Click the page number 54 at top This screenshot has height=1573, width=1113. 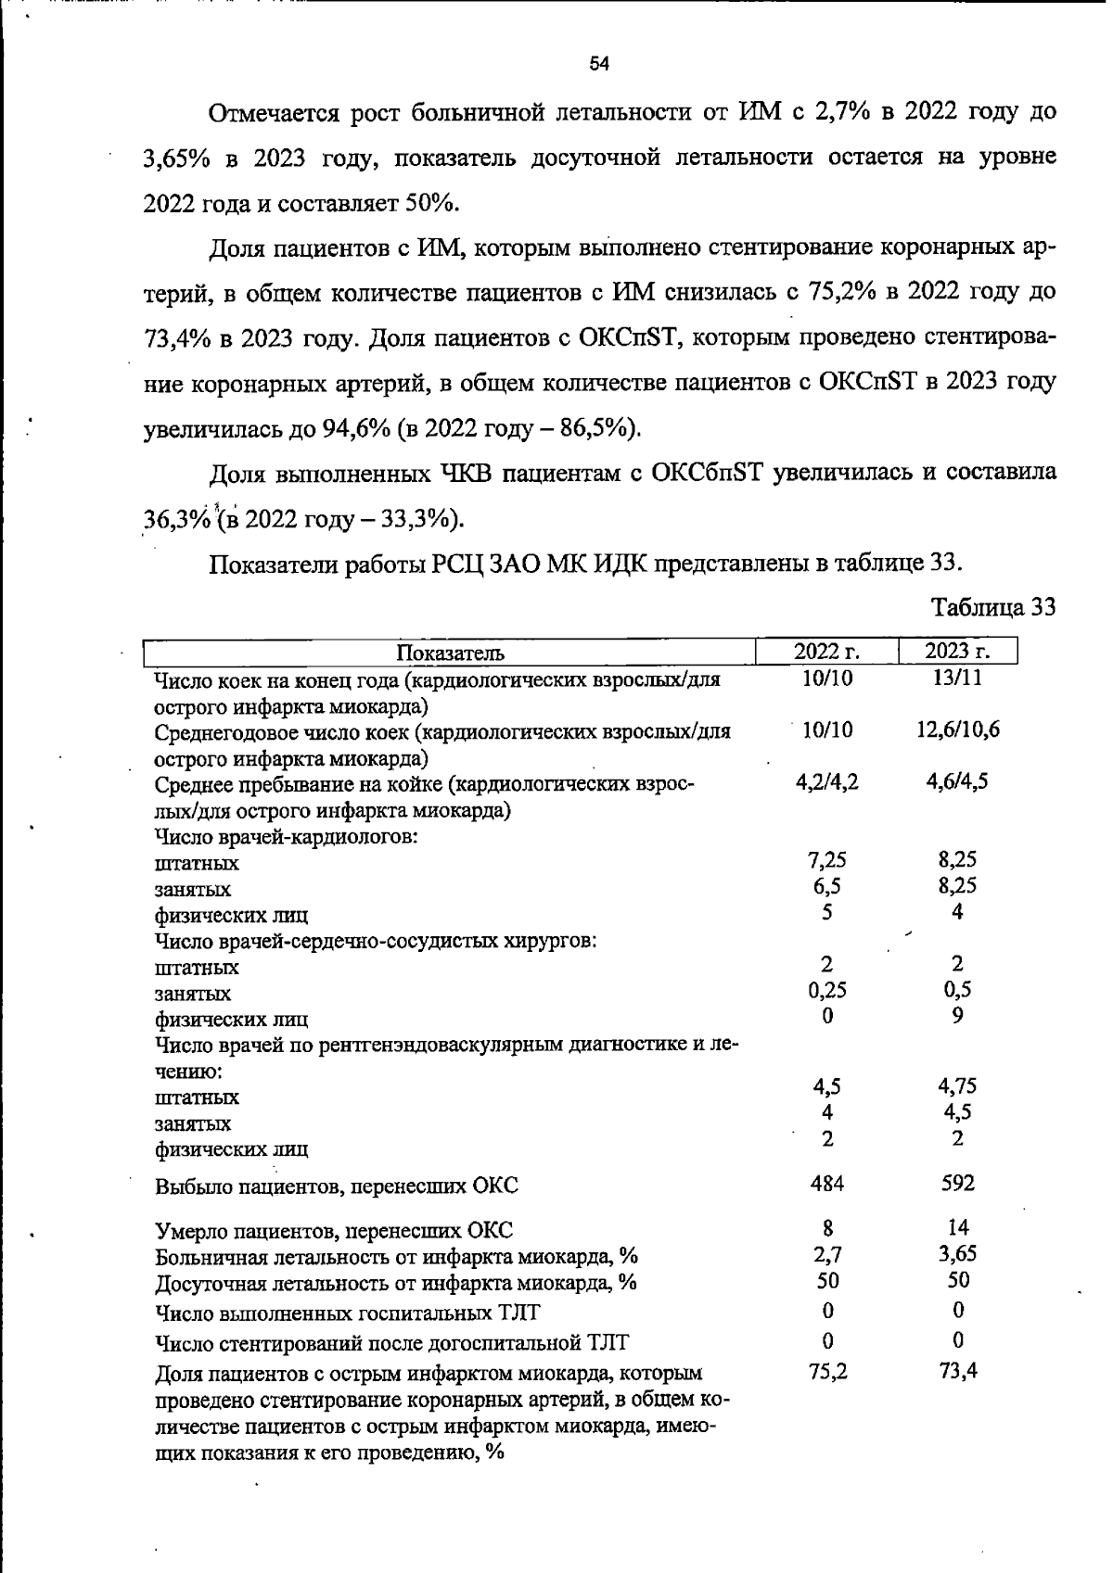(x=599, y=64)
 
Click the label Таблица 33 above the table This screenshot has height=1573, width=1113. (x=993, y=607)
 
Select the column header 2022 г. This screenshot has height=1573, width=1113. (x=827, y=652)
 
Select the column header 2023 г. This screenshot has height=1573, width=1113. (x=957, y=652)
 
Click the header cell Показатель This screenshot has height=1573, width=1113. (x=450, y=653)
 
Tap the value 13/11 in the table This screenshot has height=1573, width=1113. (x=957, y=678)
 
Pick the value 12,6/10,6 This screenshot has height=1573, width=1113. (x=957, y=729)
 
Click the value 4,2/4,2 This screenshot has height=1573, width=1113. (x=827, y=781)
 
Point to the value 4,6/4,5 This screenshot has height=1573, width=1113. (x=957, y=781)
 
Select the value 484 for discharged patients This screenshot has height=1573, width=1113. (x=827, y=1183)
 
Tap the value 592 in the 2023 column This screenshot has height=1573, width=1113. (x=957, y=1183)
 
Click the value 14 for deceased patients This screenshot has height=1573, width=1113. (x=958, y=1227)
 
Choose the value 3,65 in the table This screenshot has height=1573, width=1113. (x=957, y=1254)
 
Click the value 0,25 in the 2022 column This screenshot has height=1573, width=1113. (x=827, y=990)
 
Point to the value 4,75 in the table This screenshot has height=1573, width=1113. (x=957, y=1086)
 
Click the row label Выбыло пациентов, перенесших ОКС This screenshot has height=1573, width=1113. (x=336, y=1186)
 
